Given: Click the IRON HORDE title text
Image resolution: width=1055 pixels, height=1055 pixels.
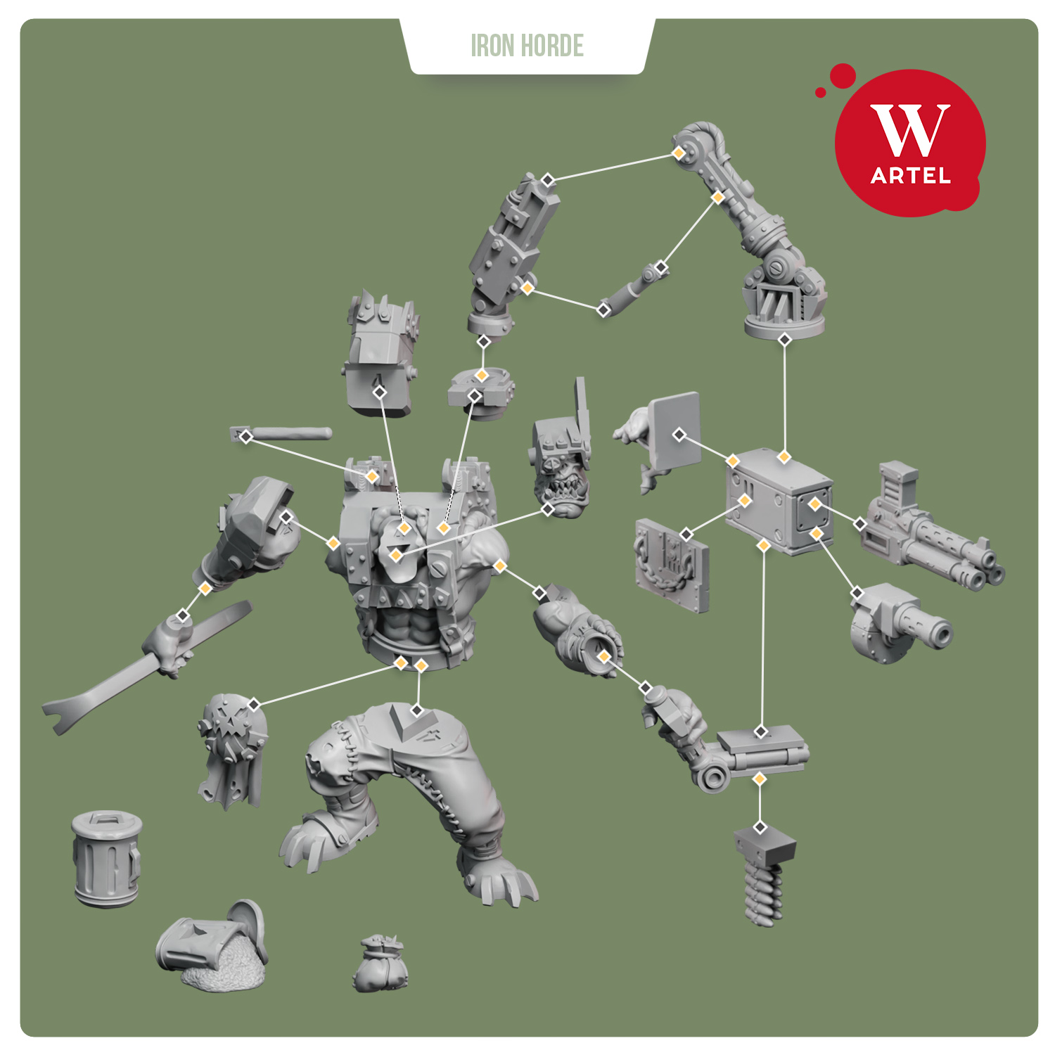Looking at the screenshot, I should [x=527, y=46].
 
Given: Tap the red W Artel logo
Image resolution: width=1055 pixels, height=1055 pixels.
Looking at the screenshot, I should [x=910, y=143].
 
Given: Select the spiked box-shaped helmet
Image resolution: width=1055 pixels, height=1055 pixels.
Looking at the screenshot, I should [x=381, y=359].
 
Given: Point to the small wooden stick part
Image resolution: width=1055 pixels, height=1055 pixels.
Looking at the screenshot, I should [x=281, y=434].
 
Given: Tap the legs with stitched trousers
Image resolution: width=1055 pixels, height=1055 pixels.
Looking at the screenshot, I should [x=408, y=795].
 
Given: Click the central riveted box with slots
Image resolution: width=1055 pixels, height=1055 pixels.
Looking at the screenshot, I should [x=779, y=501].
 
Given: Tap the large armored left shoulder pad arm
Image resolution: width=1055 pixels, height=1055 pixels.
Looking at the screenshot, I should [x=253, y=527].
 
